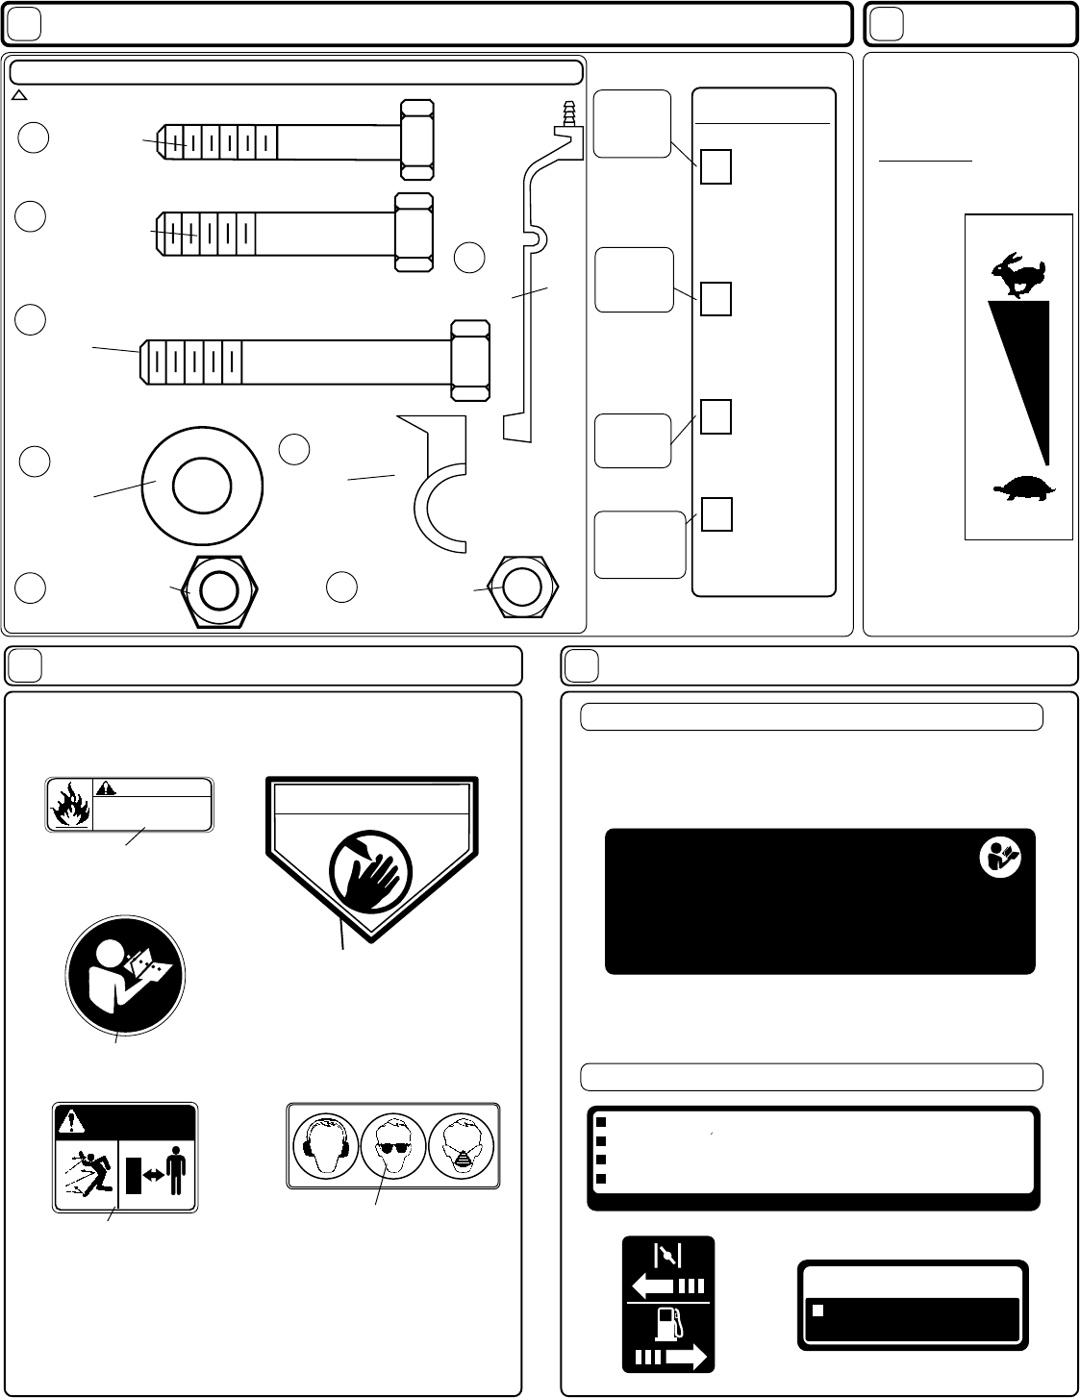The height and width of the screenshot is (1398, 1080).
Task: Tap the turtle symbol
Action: point(1023,489)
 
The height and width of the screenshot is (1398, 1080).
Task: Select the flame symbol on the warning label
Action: point(69,805)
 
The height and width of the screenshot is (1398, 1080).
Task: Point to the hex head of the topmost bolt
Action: point(416,138)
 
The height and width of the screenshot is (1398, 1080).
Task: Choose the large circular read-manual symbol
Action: point(125,975)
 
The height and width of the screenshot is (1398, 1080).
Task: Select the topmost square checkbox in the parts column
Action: point(716,167)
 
